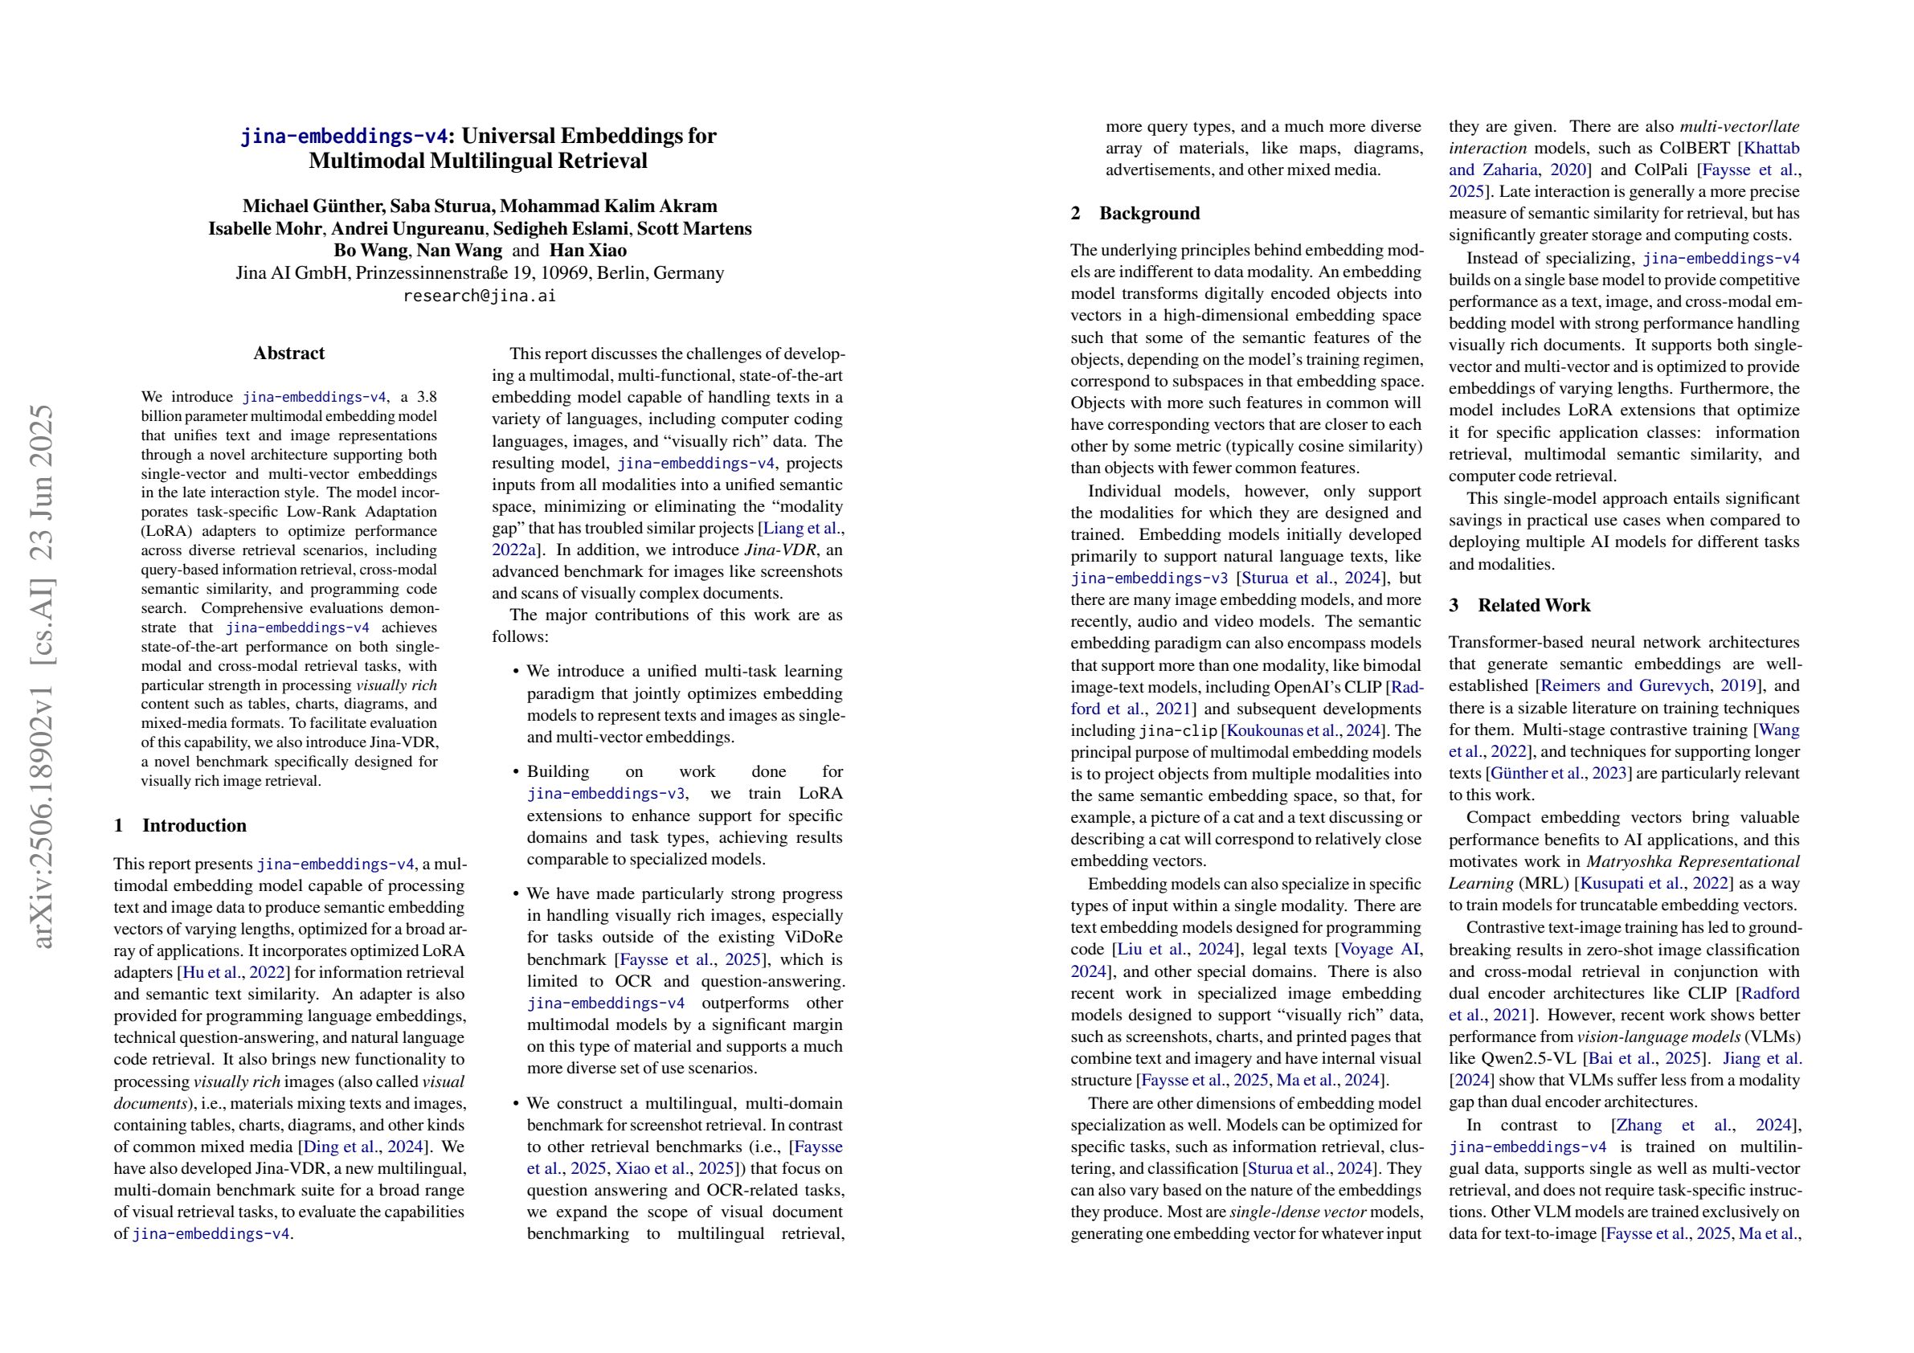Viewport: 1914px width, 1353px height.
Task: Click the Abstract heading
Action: [x=288, y=354]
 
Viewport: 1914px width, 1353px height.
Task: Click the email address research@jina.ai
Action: [x=480, y=296]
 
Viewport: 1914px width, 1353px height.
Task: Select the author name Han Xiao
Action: [x=587, y=251]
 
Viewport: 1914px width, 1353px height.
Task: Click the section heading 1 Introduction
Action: [x=180, y=825]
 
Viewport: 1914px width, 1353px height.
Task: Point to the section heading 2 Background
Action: [x=1135, y=214]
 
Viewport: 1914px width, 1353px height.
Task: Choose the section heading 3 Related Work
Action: [x=1519, y=605]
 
